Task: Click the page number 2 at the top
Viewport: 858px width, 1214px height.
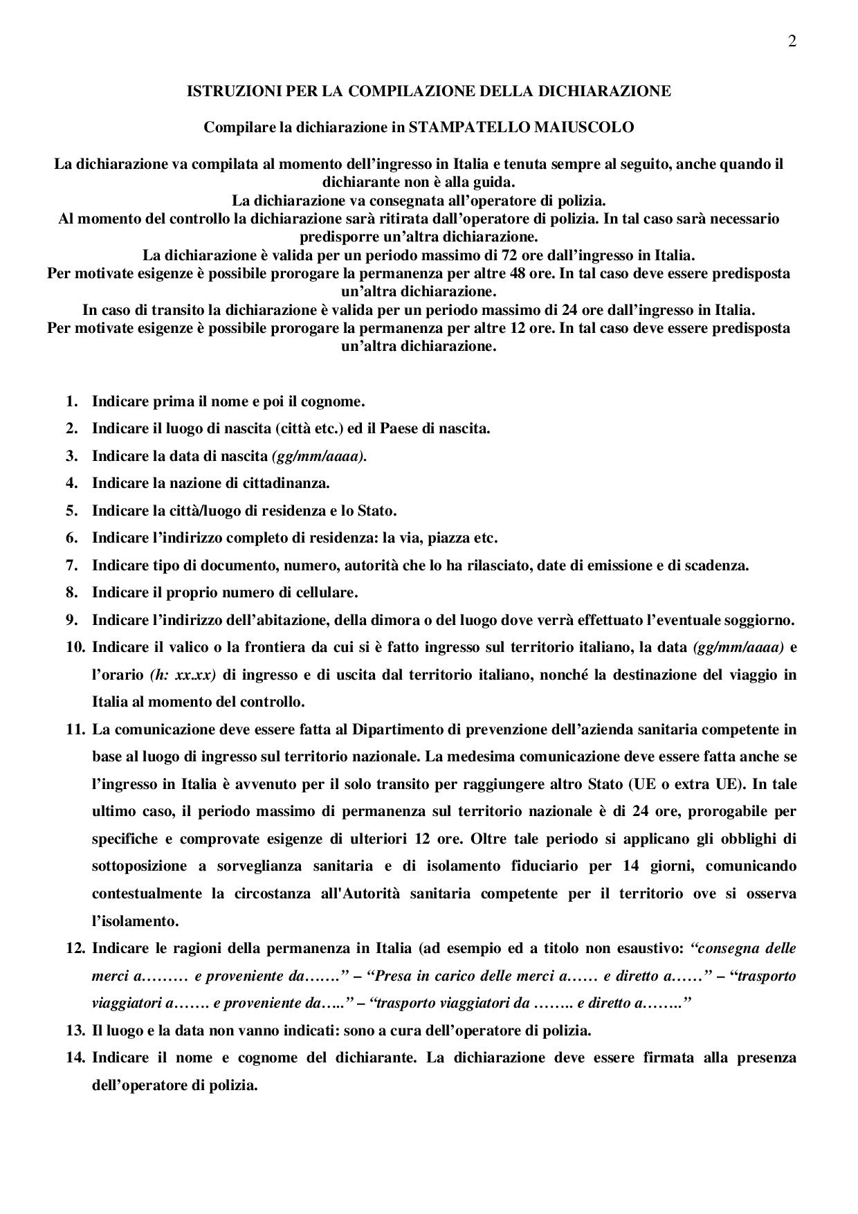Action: pos(792,41)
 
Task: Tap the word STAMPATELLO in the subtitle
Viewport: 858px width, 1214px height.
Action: pos(455,127)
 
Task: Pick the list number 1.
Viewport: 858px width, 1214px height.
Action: pos(71,401)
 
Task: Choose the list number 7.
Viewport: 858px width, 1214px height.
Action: pos(71,565)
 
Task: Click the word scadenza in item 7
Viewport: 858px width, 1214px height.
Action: pos(718,565)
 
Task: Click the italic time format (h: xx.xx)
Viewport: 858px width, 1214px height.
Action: pos(181,675)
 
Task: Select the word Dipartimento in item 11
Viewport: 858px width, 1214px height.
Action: pos(394,730)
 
